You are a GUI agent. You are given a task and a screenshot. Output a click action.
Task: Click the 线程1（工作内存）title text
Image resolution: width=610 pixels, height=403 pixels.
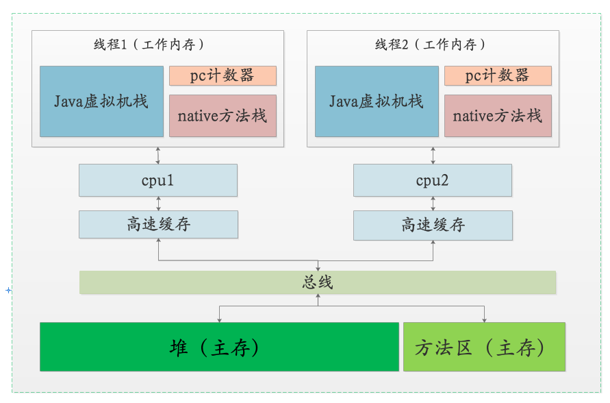(149, 45)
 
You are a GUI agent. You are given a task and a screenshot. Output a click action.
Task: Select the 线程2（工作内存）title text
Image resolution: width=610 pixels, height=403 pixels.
(431, 45)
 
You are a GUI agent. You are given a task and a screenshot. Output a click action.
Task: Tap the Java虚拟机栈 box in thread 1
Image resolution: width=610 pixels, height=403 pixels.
(101, 101)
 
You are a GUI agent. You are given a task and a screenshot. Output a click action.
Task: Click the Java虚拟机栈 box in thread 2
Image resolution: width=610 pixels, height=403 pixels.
(377, 101)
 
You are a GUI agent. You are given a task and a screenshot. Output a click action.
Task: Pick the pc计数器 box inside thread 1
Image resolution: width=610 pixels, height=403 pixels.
(223, 75)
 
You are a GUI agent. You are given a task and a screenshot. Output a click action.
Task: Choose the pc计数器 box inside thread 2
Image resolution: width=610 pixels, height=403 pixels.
(498, 75)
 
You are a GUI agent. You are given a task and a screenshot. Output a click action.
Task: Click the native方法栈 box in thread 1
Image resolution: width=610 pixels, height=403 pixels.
(223, 116)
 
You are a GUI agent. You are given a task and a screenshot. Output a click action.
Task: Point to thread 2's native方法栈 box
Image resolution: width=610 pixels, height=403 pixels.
(498, 116)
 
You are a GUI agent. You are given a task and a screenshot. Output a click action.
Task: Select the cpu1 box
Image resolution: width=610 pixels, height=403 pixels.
(158, 180)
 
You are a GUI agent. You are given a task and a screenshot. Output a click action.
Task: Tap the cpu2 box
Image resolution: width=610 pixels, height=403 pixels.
(433, 180)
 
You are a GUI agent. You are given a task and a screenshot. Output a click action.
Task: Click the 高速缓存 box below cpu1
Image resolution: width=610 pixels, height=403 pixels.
(158, 224)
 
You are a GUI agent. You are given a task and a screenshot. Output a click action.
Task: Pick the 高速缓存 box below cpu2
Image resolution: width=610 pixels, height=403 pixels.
(433, 225)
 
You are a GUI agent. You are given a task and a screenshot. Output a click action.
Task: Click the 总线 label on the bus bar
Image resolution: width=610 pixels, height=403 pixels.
(318, 282)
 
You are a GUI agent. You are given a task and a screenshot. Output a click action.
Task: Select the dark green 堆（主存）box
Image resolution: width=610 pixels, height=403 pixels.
(219, 347)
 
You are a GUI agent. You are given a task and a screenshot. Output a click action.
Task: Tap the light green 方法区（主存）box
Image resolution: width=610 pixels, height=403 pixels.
(484, 347)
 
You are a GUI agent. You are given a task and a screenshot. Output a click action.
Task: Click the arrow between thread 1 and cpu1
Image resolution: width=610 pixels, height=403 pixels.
(158, 156)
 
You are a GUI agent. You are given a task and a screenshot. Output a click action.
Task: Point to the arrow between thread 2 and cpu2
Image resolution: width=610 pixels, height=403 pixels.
(433, 156)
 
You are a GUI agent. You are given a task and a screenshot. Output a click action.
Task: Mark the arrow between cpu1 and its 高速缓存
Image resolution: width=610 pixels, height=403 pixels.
(158, 204)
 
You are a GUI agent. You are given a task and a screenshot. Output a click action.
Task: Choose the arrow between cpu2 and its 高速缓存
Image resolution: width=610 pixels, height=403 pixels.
(433, 204)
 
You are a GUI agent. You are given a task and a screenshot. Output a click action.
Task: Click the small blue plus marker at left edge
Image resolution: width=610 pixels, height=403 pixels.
(8, 291)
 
